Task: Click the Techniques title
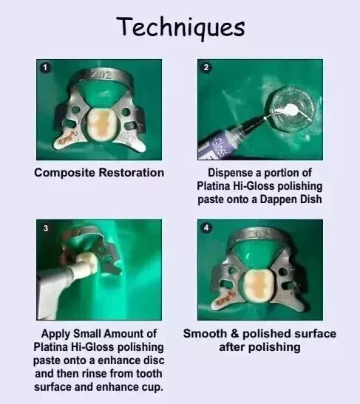(180, 27)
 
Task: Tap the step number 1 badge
(45, 68)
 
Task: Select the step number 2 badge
(206, 67)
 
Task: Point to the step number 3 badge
(46, 228)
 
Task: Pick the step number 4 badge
(206, 227)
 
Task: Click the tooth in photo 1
(101, 122)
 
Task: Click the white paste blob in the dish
(291, 108)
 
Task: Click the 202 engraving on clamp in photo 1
(102, 75)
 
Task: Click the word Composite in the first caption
(64, 173)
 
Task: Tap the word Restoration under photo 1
(132, 173)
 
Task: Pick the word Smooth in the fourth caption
(205, 334)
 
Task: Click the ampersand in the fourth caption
(234, 334)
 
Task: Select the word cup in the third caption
(154, 388)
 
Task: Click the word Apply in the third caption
(55, 334)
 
